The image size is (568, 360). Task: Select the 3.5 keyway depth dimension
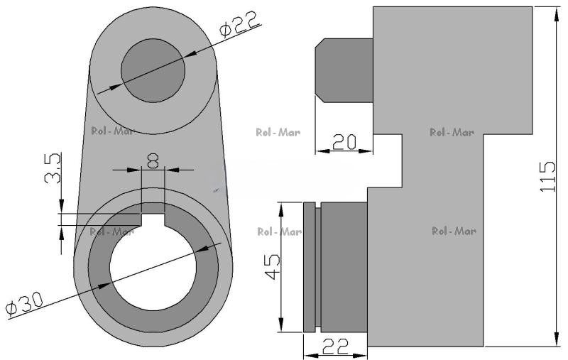(53, 168)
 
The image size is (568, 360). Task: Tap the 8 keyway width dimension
(153, 161)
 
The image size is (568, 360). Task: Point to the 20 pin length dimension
(344, 142)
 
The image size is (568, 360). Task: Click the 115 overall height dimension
(547, 176)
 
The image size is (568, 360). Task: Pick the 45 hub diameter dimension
(272, 266)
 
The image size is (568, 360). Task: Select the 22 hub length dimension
(335, 347)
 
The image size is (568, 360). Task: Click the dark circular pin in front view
(153, 70)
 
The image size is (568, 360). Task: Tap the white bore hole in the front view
(153, 268)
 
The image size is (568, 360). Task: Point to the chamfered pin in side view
(344, 70)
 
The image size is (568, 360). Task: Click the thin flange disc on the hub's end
(309, 267)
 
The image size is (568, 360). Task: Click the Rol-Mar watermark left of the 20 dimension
(278, 132)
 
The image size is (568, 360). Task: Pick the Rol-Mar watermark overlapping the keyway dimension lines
(112, 231)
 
